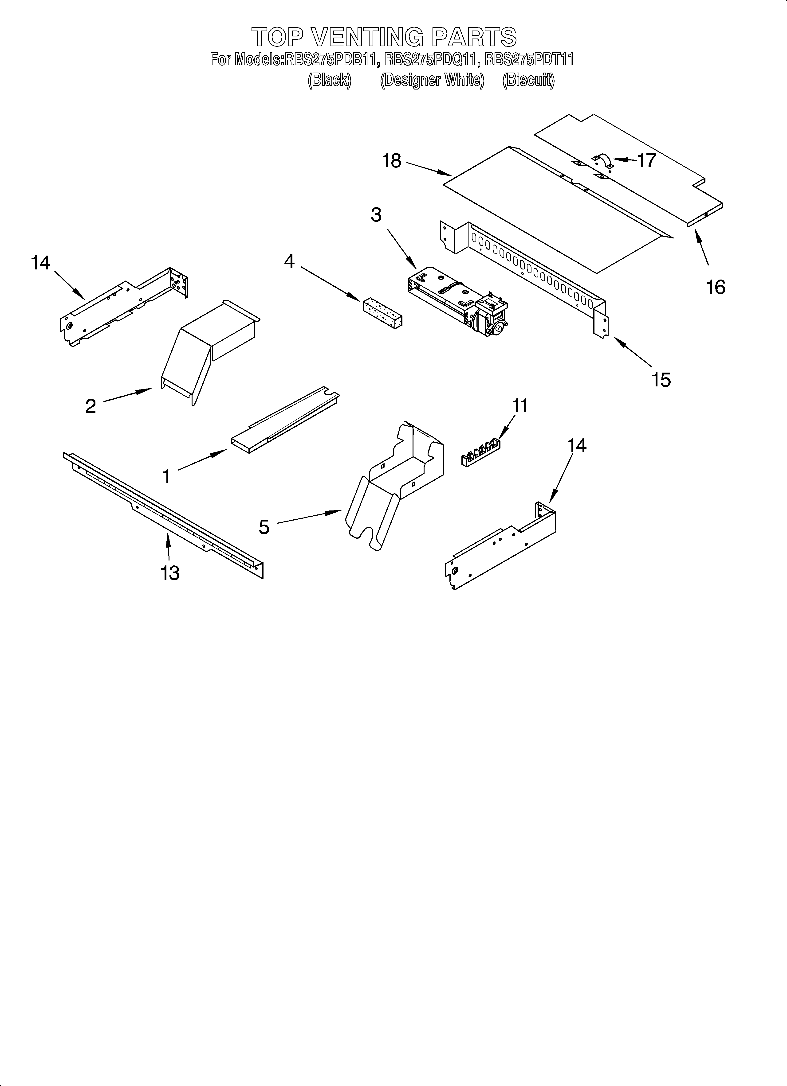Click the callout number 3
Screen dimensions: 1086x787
coord(376,215)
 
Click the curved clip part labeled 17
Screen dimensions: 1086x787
coord(602,161)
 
